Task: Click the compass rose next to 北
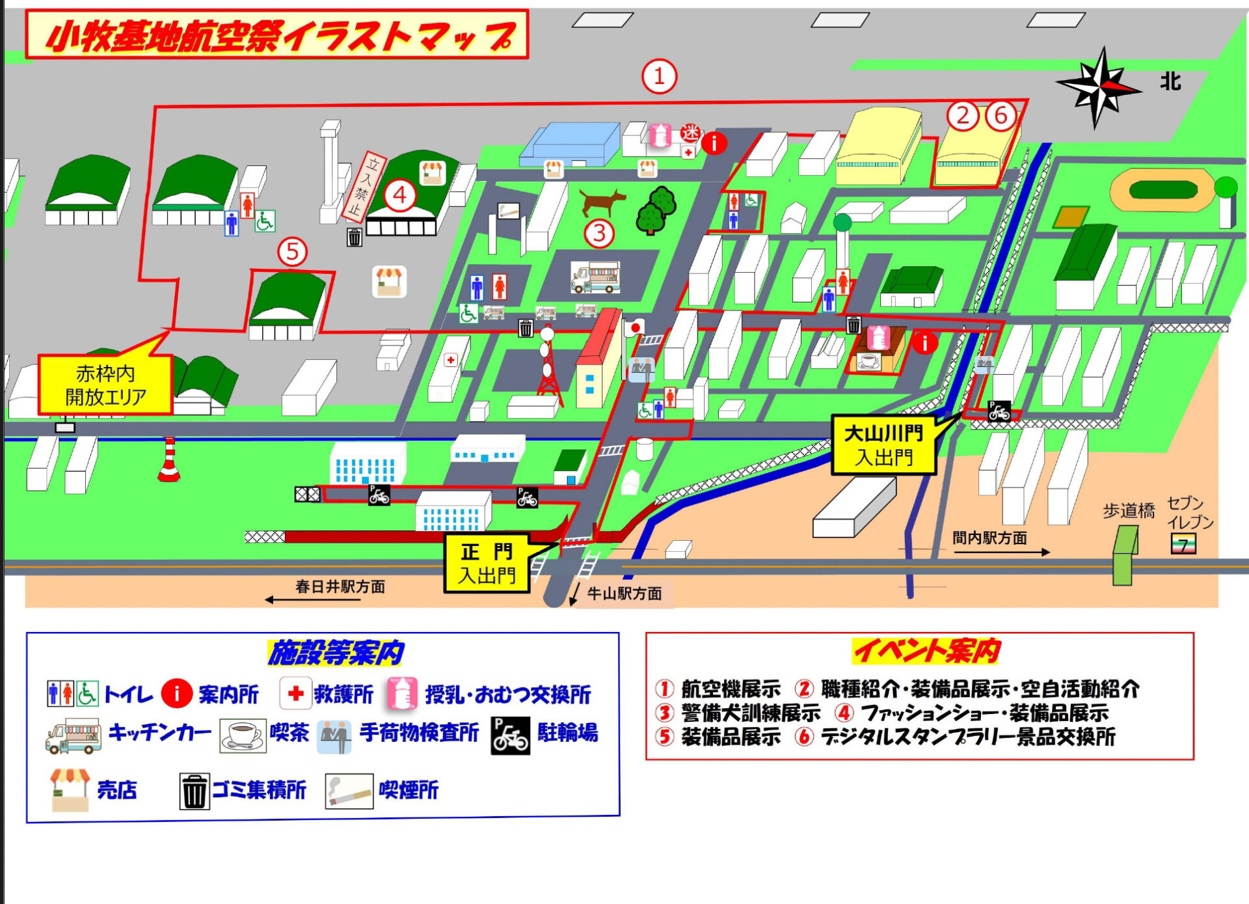click(x=1099, y=86)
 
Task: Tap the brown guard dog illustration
click(x=602, y=201)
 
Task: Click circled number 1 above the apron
click(x=659, y=77)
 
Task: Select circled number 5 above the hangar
click(x=292, y=252)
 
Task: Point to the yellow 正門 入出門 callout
click(x=487, y=564)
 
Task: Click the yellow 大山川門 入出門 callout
click(x=883, y=445)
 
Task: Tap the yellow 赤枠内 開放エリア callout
click(x=105, y=385)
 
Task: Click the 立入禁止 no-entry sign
click(x=364, y=187)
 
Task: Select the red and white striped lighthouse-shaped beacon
click(x=169, y=460)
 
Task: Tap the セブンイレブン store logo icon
click(x=1183, y=543)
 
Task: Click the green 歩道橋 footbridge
click(x=1124, y=555)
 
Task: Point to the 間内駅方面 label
click(x=989, y=538)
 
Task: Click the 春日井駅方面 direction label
click(x=340, y=586)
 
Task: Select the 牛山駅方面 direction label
click(x=624, y=594)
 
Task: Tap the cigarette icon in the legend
click(x=349, y=790)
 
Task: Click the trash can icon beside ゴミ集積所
click(x=195, y=791)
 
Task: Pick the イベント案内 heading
click(x=926, y=651)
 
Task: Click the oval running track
click(x=1163, y=190)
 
